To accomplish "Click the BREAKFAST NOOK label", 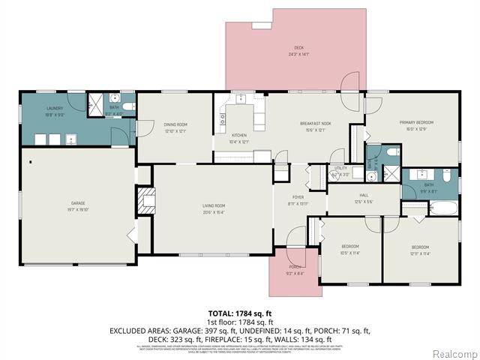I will (316, 123).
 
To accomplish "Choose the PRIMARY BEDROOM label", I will (416, 122).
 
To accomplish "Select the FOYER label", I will (298, 197).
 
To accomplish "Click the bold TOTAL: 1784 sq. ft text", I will (239, 312).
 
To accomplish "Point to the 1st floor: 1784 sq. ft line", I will (239, 321).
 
